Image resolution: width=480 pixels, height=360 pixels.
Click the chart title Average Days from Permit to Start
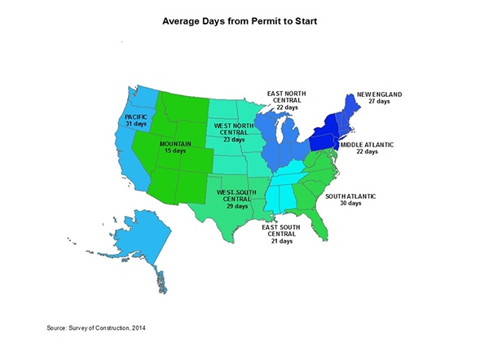240,17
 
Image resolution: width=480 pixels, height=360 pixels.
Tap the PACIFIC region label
136,117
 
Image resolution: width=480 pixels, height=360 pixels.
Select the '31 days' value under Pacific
136,125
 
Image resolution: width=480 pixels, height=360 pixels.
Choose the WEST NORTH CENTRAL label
232,130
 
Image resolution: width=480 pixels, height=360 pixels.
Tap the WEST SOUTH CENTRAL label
234,195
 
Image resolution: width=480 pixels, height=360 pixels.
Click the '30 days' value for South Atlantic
350,204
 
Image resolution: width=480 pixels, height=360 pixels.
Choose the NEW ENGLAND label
379,94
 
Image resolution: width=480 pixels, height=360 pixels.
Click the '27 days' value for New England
379,102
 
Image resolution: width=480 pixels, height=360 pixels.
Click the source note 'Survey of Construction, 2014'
97,327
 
